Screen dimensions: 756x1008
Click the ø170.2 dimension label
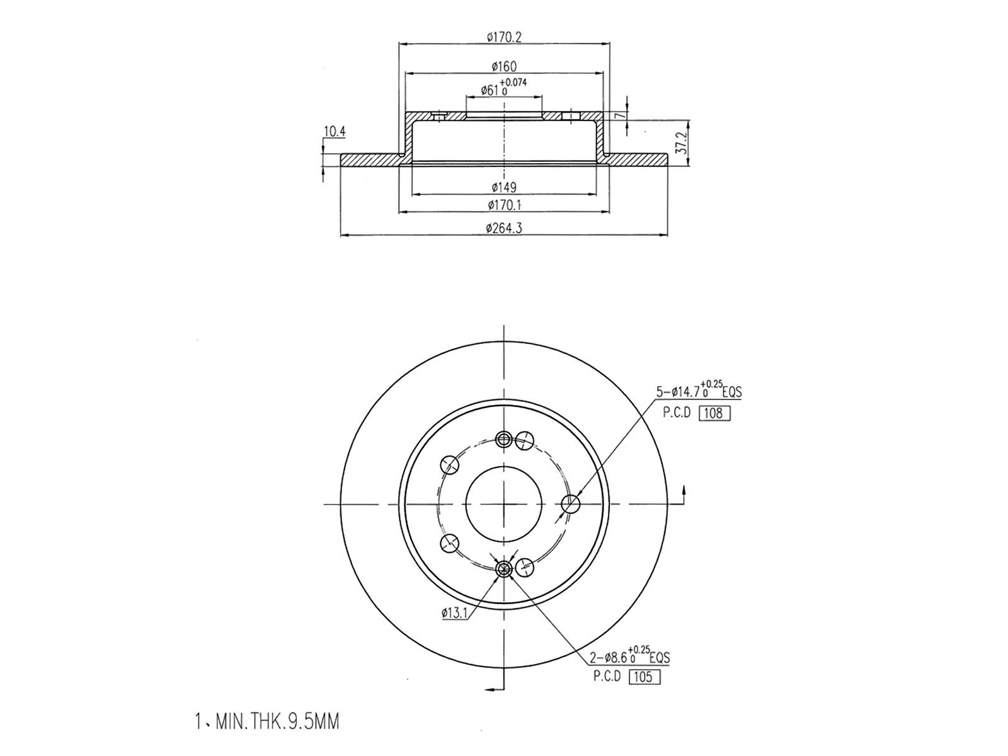tap(505, 37)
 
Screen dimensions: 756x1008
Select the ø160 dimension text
tap(505, 66)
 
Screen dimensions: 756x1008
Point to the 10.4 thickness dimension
tap(335, 132)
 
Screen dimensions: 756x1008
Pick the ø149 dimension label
tap(504, 187)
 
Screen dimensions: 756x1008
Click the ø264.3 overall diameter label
tap(504, 228)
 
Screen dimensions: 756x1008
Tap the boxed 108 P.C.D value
tap(714, 413)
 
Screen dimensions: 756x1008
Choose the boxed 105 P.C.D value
tap(644, 677)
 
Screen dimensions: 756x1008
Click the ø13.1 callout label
tap(454, 612)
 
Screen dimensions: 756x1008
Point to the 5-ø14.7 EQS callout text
tap(699, 391)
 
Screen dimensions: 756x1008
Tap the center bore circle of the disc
tap(504, 504)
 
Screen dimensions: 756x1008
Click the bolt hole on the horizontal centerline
tap(570, 504)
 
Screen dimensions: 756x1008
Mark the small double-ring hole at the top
tap(504, 440)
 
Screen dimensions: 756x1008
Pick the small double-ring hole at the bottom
tap(504, 570)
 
